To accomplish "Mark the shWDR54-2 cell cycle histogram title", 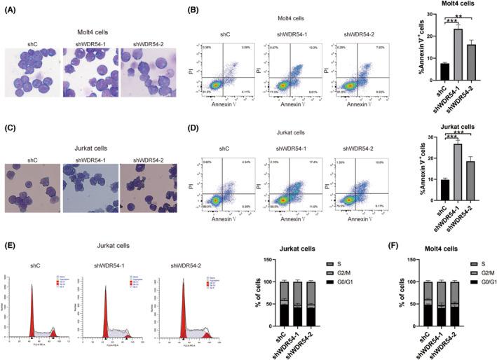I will (x=184, y=265).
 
